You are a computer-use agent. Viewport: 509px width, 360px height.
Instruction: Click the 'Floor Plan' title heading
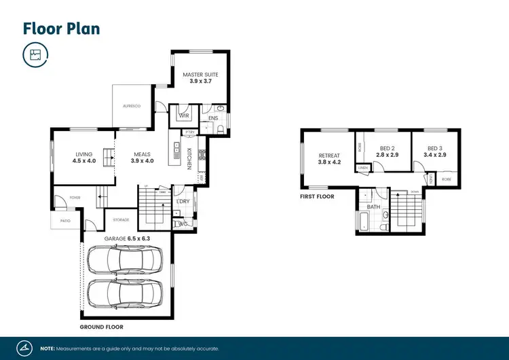tap(61, 28)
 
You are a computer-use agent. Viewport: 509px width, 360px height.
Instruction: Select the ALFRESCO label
tap(131, 107)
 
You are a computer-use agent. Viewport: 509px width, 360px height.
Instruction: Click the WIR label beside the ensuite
tap(184, 115)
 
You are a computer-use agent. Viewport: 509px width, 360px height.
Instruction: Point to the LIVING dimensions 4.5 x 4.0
tap(85, 162)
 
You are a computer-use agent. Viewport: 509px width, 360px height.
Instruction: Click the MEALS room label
tap(143, 154)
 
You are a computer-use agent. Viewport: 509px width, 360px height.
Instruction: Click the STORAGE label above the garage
tap(121, 219)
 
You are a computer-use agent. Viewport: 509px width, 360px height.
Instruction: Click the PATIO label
tap(65, 221)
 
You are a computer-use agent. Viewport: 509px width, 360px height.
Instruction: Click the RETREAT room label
tap(329, 156)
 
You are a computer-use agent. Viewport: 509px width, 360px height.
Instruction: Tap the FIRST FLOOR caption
tap(317, 197)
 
